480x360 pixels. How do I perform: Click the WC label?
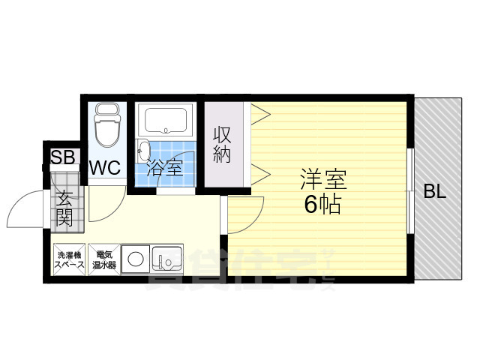pos(106,168)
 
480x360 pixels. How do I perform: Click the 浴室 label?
pos(165,167)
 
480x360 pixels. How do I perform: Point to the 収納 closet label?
pos(223,145)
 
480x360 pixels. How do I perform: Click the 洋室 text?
pos(323,180)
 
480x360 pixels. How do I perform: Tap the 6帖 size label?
pos(322,204)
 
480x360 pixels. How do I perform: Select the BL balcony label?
pos(435,191)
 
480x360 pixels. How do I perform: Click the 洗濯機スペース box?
pos(69,260)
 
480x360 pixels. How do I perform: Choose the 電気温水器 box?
pos(103,260)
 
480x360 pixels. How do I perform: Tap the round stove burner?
pos(136,261)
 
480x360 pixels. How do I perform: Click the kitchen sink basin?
pos(167,261)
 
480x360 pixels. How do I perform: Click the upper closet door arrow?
pos(259,114)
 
